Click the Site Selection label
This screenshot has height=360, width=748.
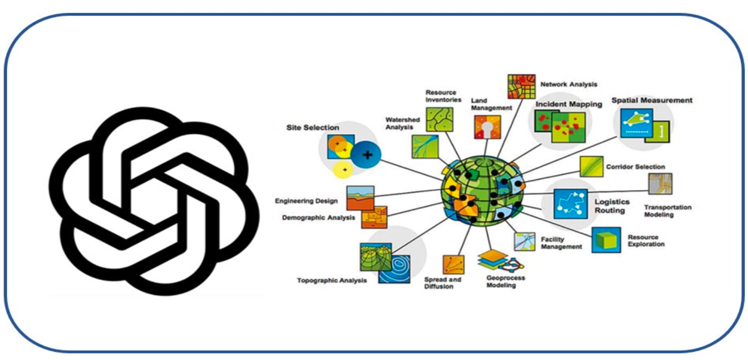tap(313, 127)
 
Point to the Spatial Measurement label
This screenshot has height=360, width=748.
tap(652, 100)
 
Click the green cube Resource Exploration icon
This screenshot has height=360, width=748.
tap(606, 240)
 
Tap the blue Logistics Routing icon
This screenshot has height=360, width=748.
tap(570, 203)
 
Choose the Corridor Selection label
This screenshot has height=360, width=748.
tap(635, 167)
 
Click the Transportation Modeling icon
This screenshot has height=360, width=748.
tap(660, 183)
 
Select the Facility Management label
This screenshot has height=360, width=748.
tap(561, 243)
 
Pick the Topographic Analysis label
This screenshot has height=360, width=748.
tap(331, 280)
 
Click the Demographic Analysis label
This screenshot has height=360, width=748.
tap(319, 217)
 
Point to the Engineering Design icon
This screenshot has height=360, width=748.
tap(360, 198)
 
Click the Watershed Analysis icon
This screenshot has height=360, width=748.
tap(425, 146)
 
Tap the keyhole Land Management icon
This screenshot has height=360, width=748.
tap(487, 127)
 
